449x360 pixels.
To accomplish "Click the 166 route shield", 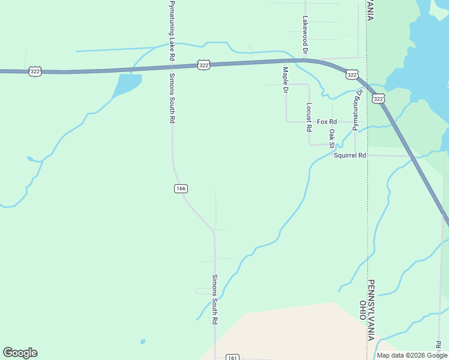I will [181, 188].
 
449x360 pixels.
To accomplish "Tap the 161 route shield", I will [233, 358].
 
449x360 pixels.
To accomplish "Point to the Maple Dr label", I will [286, 80].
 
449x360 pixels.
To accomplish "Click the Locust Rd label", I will [309, 117].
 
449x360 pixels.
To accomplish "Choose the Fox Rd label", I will [327, 122].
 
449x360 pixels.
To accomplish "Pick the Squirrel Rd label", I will [350, 155].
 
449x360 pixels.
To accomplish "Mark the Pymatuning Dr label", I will [358, 109].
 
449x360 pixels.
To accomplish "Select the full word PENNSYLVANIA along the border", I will [372, 310].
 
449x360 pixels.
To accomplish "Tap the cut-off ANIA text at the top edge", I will [371, 10].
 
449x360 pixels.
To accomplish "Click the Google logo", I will [20, 353].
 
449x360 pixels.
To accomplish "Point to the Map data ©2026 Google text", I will [412, 355].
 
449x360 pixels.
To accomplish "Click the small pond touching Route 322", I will [126, 85].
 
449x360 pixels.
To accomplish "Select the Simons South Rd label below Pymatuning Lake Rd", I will [172, 98].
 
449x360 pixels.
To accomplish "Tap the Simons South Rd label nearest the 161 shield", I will [214, 299].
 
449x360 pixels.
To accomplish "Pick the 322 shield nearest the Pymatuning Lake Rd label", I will [204, 65].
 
